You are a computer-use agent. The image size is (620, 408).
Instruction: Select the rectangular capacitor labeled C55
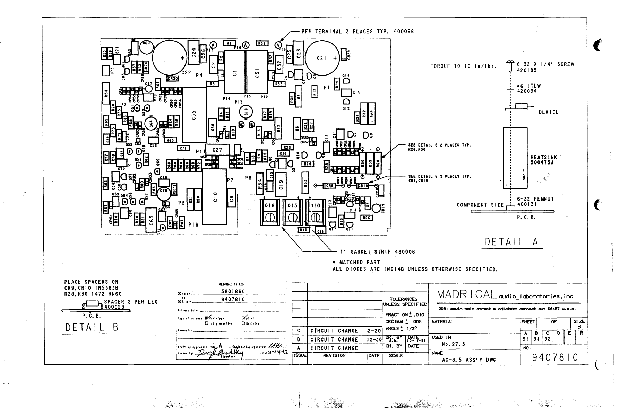(194, 115)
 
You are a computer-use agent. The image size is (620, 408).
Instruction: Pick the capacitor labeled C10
(215, 196)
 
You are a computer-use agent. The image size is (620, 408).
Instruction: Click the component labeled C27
(217, 150)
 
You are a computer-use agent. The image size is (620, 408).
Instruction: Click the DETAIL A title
(512, 242)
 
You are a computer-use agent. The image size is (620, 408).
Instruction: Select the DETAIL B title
(92, 327)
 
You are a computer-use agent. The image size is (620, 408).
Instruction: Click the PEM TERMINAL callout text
(357, 32)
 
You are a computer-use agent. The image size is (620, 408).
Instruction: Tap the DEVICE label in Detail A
(549, 112)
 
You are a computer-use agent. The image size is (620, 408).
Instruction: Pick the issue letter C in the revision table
(299, 331)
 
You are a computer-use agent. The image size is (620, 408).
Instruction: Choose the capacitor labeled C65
(151, 221)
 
